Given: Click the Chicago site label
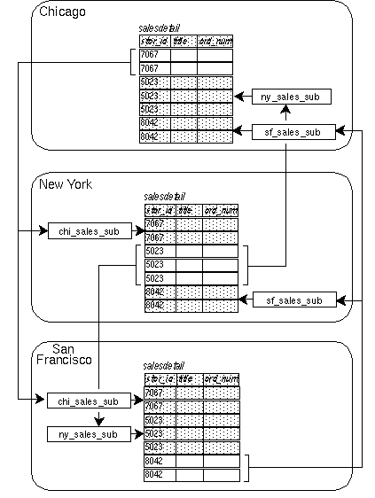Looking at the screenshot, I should pos(62,12).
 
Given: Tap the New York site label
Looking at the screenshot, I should pos(66,183).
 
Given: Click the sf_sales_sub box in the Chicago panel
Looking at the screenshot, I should pos(293,131).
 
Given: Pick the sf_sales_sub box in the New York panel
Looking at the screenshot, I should pos(293,300).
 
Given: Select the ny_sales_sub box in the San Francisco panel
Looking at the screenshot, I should pos(82,434).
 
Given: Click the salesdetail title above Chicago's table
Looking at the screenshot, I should pos(160,28).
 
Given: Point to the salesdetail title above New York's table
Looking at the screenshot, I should pos(165,196).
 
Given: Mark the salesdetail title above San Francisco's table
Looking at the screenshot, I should pos(164,365).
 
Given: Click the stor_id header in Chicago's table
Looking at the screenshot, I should pos(154,41).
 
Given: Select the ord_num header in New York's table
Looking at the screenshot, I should pos(220,210).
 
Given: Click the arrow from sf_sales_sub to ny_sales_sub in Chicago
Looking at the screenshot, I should pos(284,113).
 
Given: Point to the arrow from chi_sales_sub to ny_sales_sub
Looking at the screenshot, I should pos(82,418).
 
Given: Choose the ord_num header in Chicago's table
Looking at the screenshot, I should pos(215,41).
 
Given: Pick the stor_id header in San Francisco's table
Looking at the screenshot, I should pos(159,379).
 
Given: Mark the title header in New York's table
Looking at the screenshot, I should pos(185,210).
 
